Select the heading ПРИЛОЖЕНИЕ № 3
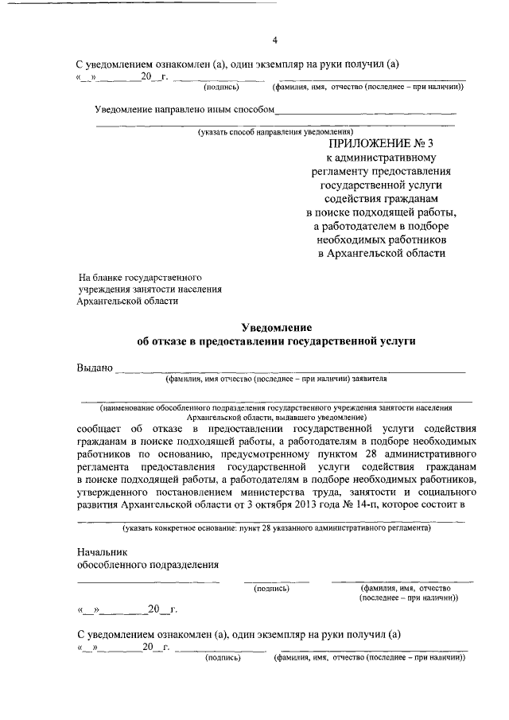point(381,144)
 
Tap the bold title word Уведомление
point(276,327)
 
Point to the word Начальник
point(101,551)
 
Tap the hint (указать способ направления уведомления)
point(276,132)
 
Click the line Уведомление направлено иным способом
point(185,109)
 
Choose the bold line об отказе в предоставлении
point(276,341)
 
